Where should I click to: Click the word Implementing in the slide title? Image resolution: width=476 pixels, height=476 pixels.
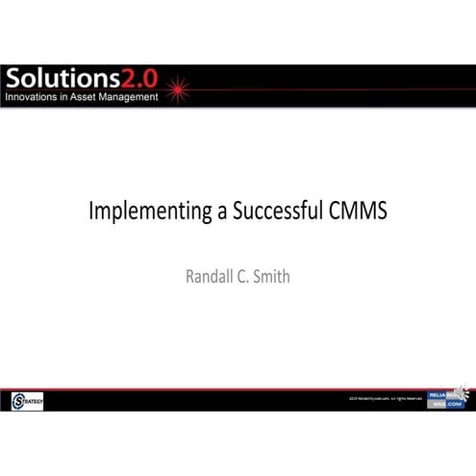click(x=144, y=212)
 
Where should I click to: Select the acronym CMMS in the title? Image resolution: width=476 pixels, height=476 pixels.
click(x=355, y=212)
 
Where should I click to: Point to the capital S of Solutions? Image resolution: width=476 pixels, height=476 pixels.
click(x=14, y=79)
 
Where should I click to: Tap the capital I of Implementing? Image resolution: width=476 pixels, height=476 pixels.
click(x=91, y=211)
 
